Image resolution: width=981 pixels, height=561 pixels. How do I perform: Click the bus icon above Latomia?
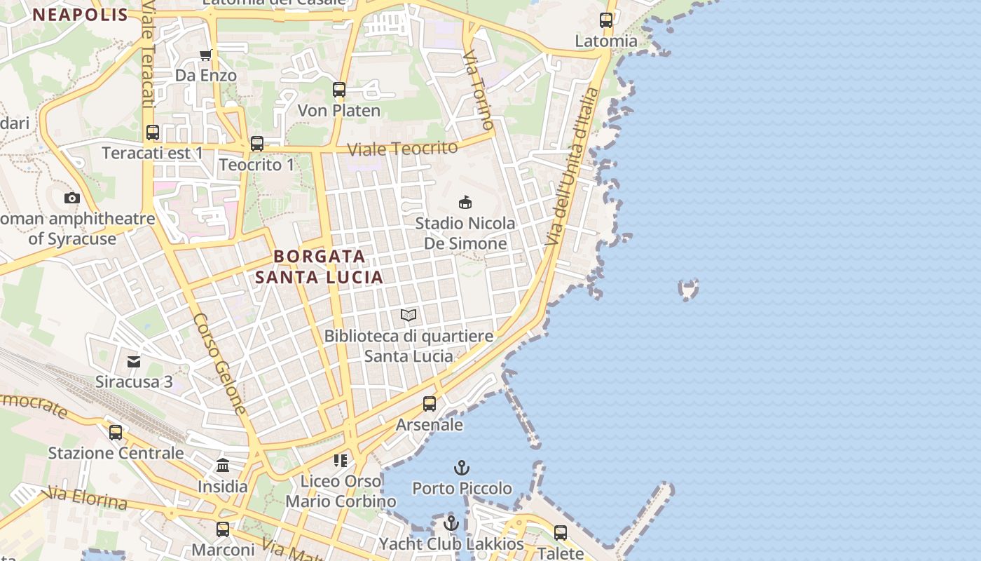(606, 20)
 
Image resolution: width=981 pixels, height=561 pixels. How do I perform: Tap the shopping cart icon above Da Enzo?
(205, 55)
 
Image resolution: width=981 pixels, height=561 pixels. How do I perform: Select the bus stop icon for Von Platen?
(339, 90)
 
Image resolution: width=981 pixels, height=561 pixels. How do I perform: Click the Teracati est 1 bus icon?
(152, 132)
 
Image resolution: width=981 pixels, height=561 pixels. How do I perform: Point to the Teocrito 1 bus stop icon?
(257, 144)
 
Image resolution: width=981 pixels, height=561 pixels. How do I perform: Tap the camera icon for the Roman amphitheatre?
(71, 198)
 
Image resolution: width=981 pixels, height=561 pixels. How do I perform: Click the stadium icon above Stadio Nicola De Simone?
(465, 203)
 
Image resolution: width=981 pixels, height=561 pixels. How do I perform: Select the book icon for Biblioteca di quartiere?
(409, 316)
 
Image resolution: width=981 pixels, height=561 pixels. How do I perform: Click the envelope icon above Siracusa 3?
(134, 362)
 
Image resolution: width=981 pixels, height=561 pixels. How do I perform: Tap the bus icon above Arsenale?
(430, 404)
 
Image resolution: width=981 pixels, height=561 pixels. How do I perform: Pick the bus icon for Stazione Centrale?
(116, 433)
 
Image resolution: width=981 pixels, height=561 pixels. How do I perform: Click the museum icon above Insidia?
(223, 466)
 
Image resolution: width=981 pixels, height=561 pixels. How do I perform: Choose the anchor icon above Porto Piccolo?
(461, 468)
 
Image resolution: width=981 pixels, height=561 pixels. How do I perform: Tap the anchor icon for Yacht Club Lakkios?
(451, 523)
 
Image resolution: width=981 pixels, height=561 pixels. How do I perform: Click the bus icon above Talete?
(561, 533)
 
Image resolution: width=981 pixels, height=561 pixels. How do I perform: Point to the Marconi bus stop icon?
(223, 529)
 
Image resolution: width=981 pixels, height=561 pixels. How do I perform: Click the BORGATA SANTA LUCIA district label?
(320, 266)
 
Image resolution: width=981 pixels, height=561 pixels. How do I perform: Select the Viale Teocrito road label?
(403, 149)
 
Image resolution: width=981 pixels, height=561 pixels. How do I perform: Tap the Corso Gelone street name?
(220, 363)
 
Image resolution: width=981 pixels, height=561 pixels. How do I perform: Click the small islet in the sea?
(689, 288)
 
